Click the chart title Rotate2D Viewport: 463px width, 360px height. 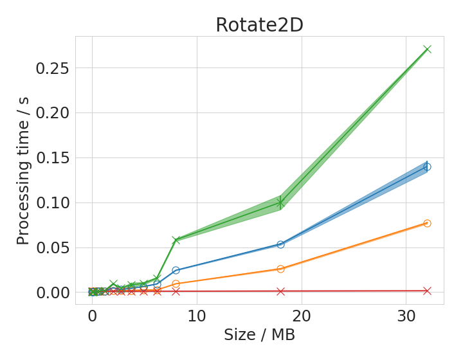[x=260, y=25]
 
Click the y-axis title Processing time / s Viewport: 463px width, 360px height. [x=23, y=171]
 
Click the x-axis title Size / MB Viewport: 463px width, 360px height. [x=260, y=335]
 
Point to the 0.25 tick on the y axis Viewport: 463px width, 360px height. [x=52, y=68]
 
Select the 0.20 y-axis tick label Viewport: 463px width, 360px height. [x=52, y=113]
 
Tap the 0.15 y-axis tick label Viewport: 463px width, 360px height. [x=52, y=158]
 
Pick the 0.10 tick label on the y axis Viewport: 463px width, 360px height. [x=52, y=203]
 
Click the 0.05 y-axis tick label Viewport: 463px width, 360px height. [x=52, y=248]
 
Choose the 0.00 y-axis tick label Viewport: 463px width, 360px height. [x=52, y=293]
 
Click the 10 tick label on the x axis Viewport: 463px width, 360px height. [x=197, y=317]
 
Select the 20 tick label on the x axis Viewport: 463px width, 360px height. [x=302, y=317]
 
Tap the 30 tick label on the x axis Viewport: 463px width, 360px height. [x=406, y=317]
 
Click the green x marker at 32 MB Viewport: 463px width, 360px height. [x=427, y=49]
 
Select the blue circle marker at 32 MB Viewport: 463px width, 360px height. [x=427, y=166]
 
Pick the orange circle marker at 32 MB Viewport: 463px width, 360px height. [x=427, y=223]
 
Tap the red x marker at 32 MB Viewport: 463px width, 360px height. [x=427, y=291]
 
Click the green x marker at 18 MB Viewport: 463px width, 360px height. [x=280, y=203]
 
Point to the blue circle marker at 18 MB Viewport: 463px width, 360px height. [x=280, y=244]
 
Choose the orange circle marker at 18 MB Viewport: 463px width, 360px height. [x=280, y=269]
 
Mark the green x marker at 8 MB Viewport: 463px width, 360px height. [x=176, y=240]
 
